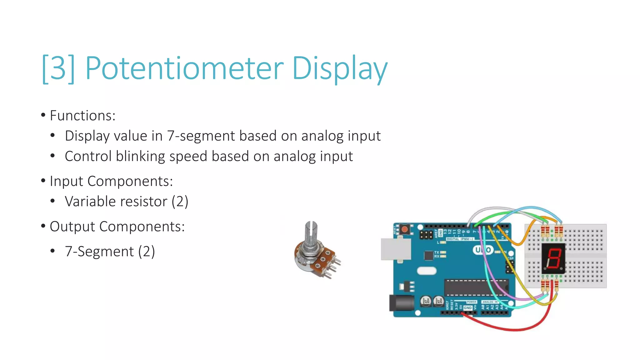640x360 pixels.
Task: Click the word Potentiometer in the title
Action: [x=184, y=68]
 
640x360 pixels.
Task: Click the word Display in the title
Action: [x=339, y=68]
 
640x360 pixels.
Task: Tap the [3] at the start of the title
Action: [x=58, y=68]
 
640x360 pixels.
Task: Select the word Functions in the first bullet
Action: [x=82, y=116]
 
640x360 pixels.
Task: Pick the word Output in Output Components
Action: [x=72, y=227]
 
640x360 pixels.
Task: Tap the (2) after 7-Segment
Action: [x=147, y=252]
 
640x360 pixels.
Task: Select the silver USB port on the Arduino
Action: [x=396, y=249]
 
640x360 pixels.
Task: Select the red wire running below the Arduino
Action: [x=512, y=328]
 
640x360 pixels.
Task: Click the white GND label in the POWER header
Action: [x=467, y=308]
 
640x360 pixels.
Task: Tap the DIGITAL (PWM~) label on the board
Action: [x=460, y=239]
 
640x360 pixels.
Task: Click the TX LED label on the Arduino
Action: [x=437, y=252]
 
